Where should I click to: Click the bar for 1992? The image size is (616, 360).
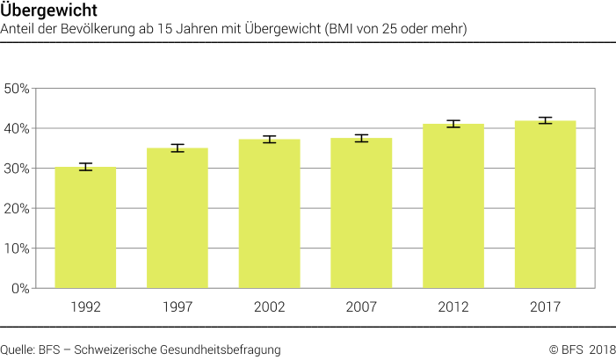[85, 227]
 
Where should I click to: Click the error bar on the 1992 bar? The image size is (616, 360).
[85, 167]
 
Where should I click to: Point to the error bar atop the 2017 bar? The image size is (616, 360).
[545, 120]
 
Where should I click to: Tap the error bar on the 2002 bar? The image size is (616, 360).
[269, 139]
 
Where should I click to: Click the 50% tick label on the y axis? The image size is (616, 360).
[18, 89]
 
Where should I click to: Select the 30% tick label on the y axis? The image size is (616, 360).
[18, 169]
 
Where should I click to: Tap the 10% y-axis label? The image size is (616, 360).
[18, 248]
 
